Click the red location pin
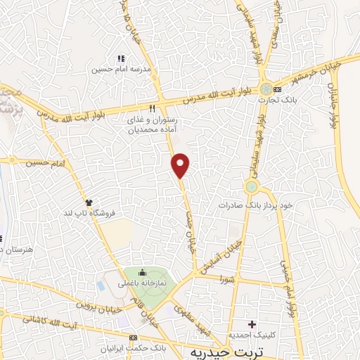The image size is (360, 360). (181, 165)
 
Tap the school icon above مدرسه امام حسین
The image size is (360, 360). (120, 59)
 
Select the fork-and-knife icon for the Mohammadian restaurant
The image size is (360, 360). (152, 108)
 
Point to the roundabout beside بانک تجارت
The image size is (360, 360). (265, 90)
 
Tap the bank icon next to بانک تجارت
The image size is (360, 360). (278, 90)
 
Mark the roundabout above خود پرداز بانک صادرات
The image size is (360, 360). (252, 187)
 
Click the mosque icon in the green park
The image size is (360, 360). (143, 273)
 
